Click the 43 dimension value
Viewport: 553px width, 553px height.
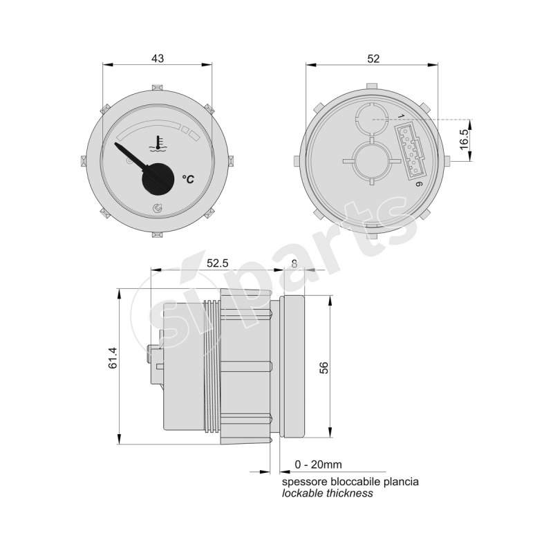click(x=158, y=59)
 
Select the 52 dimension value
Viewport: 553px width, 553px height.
click(x=373, y=59)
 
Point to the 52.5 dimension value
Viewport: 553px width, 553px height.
click(x=217, y=263)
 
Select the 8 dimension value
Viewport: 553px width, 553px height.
click(x=295, y=263)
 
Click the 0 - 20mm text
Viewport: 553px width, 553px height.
click(x=318, y=464)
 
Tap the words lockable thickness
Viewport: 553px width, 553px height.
click(x=327, y=493)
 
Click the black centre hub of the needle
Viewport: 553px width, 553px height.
click(x=159, y=179)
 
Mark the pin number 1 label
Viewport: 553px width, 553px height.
click(x=401, y=115)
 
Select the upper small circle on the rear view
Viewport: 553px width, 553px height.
click(x=373, y=118)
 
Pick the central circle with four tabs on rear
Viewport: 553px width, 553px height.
click(x=373, y=160)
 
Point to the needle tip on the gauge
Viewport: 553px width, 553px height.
click(x=118, y=145)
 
